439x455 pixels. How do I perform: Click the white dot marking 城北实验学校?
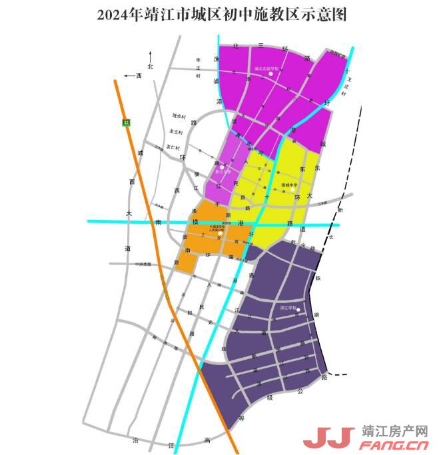(x=271, y=73)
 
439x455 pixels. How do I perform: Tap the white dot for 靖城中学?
(x=292, y=189)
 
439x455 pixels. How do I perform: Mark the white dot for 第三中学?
(x=222, y=167)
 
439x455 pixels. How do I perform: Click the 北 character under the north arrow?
(x=151, y=67)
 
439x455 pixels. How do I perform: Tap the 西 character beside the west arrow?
(x=139, y=76)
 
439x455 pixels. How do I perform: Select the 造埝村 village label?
(x=178, y=117)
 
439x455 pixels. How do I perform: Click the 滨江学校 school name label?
(x=288, y=308)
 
